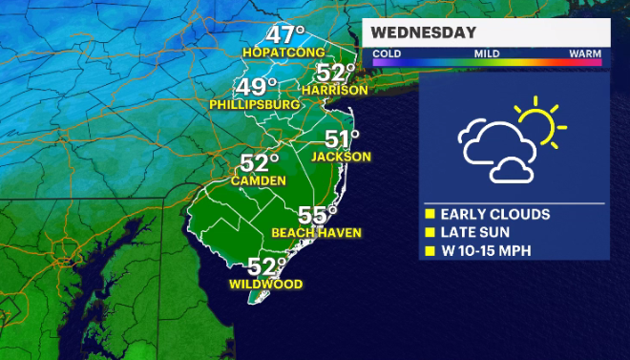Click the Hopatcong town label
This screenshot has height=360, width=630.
tap(283, 52)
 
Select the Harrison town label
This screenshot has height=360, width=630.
tap(334, 90)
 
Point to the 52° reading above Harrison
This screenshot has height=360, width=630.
tap(335, 73)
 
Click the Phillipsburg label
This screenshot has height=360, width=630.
tap(248, 103)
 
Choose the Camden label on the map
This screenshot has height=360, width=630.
tap(259, 180)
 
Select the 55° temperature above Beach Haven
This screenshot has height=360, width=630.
tap(318, 214)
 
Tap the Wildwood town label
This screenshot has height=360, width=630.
tap(266, 284)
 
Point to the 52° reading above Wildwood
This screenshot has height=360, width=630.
tap(267, 266)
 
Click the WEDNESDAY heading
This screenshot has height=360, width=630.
tap(425, 33)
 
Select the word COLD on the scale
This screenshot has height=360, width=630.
tap(387, 54)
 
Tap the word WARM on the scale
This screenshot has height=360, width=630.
tap(584, 54)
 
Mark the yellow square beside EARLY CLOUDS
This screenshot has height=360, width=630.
tap(430, 214)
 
